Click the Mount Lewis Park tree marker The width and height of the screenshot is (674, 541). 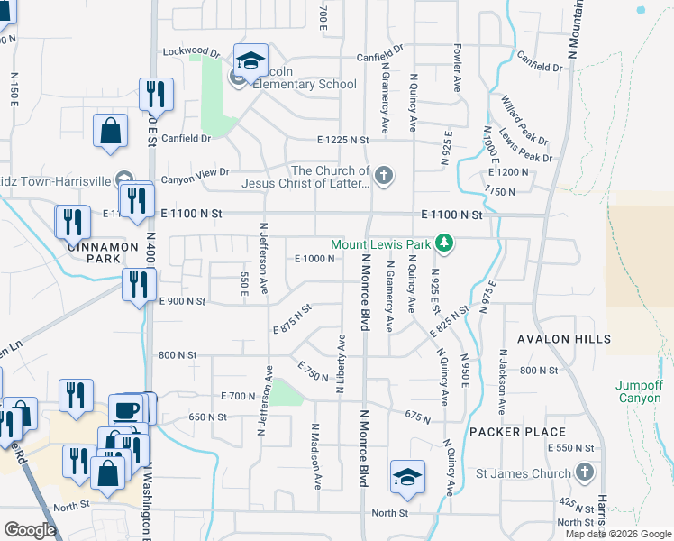[x=443, y=243]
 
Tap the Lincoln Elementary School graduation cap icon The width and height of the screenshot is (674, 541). [x=250, y=61]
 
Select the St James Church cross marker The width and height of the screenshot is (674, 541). [x=584, y=472]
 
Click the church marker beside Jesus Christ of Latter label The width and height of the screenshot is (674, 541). [x=384, y=175]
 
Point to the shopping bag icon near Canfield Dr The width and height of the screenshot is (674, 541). [x=110, y=131]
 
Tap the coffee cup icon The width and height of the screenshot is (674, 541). [x=126, y=410]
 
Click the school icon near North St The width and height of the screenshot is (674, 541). [x=407, y=477]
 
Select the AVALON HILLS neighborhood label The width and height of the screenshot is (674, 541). [x=564, y=339]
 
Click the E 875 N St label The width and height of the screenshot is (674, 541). [x=292, y=319]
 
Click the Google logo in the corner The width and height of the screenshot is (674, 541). [x=30, y=529]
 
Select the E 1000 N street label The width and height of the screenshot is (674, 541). [x=314, y=259]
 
